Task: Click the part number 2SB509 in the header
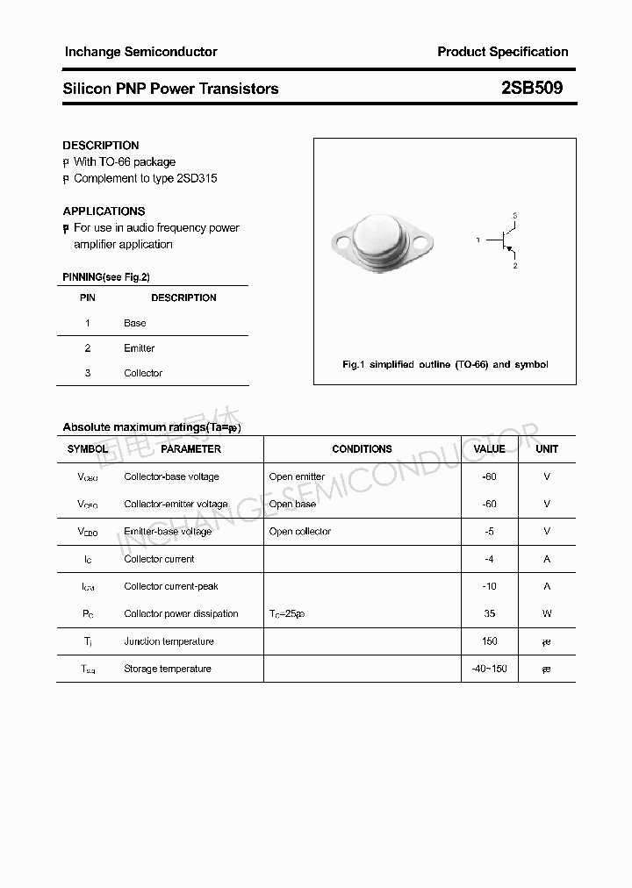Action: pos(532,88)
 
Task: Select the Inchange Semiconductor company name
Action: pos(140,52)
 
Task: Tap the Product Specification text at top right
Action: pos(503,52)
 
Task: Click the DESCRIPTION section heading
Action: pos(101,145)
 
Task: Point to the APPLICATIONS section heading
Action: pos(104,211)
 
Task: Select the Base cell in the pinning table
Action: pos(135,323)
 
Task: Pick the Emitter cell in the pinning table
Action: pos(139,348)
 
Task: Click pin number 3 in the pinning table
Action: pos(88,373)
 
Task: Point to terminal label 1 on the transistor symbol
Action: pos(478,240)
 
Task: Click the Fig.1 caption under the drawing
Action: pos(445,364)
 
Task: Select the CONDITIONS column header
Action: pos(362,449)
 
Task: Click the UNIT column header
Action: pos(547,449)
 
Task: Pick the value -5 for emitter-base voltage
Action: pos(489,532)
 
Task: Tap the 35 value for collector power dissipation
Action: pos(489,614)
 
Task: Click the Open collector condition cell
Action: pos(300,532)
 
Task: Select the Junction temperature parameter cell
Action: pos(169,641)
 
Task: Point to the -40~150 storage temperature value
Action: pos(489,669)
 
